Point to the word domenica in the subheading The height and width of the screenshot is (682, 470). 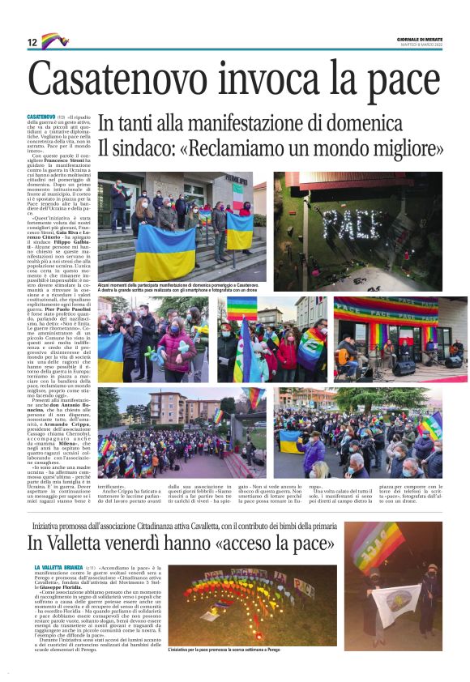pyautogui.click(x=357, y=124)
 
